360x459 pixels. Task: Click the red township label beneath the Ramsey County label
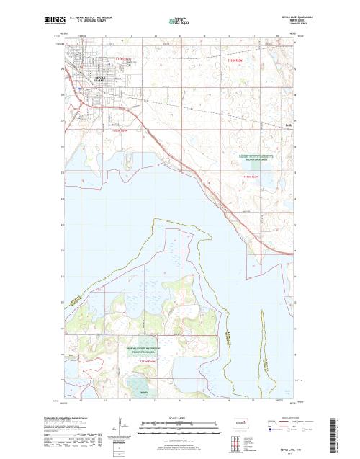coord(250,174)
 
